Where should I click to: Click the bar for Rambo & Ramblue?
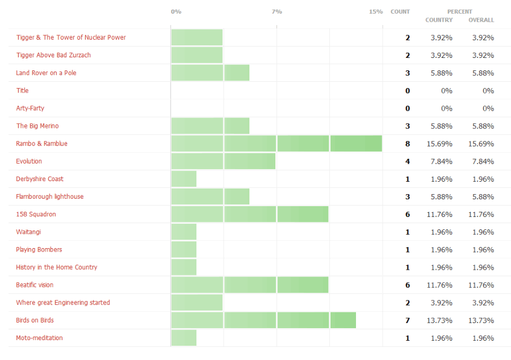click(x=277, y=144)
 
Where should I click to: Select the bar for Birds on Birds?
click(x=263, y=320)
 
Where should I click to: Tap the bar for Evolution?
click(x=223, y=161)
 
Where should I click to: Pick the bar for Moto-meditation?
click(x=184, y=338)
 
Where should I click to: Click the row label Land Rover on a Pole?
click(x=46, y=73)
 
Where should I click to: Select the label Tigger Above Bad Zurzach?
click(x=53, y=55)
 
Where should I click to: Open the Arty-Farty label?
click(x=30, y=108)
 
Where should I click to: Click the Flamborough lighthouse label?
click(x=49, y=196)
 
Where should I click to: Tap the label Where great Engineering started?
click(x=63, y=303)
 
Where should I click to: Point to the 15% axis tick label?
click(x=376, y=11)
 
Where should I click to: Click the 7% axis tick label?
click(x=277, y=11)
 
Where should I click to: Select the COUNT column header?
click(x=400, y=11)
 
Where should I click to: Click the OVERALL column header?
click(x=481, y=20)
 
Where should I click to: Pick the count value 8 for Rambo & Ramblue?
click(x=407, y=144)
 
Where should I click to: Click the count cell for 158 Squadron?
click(x=407, y=214)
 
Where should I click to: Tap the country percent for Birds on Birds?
click(x=439, y=320)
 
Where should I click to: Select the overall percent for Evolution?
click(x=483, y=161)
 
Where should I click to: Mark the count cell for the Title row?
click(x=407, y=90)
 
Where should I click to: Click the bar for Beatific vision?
click(x=250, y=285)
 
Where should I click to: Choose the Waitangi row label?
click(x=28, y=232)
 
